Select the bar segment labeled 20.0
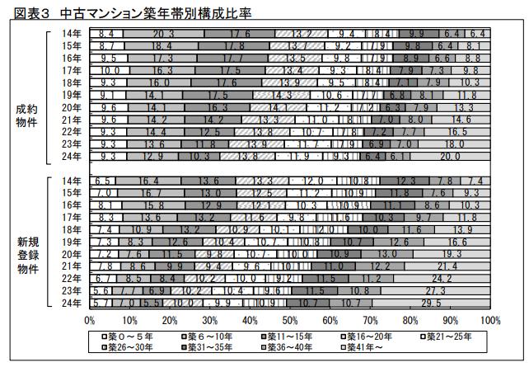pyautogui.click(x=450, y=155)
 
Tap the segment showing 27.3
pyautogui.click(x=435, y=291)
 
